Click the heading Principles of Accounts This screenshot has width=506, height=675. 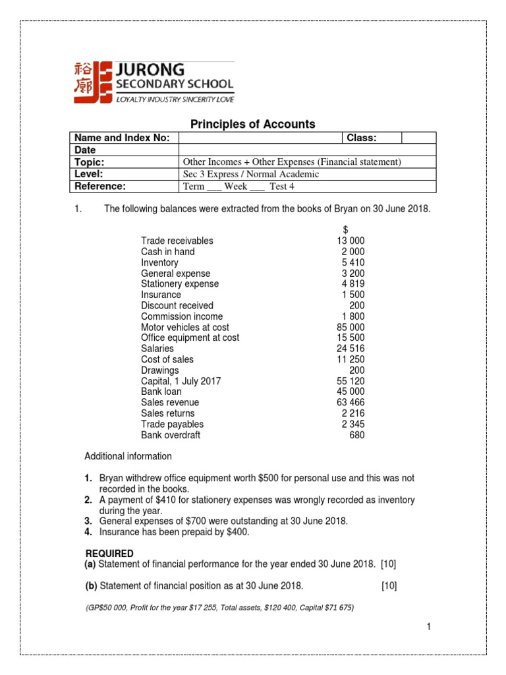click(x=252, y=124)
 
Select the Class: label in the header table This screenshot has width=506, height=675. click(x=362, y=138)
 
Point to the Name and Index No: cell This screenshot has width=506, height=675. click(x=123, y=138)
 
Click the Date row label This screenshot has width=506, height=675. click(x=85, y=150)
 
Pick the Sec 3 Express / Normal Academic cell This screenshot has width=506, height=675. click(x=250, y=174)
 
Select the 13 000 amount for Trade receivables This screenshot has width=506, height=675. click(x=351, y=241)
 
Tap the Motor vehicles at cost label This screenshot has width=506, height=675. click(x=185, y=327)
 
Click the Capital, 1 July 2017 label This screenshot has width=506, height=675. click(x=181, y=381)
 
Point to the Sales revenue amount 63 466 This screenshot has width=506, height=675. click(x=351, y=402)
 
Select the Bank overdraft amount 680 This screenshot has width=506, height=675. click(x=356, y=435)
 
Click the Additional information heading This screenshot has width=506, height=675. click(x=128, y=456)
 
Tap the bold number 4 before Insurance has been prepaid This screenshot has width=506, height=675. click(x=88, y=531)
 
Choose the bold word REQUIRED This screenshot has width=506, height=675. click(x=109, y=553)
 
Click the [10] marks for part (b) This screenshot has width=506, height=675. click(x=389, y=586)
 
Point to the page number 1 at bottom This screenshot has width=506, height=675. click(x=428, y=627)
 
